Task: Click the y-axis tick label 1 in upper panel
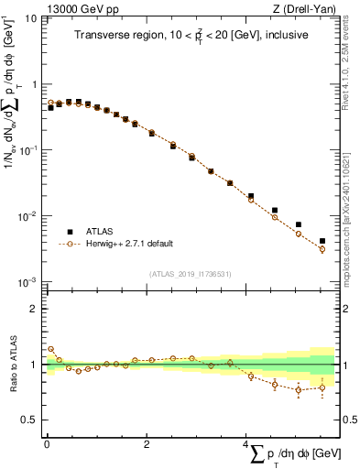pos(34,84)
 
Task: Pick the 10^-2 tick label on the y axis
pos(28,216)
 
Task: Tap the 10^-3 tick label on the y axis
pos(28,282)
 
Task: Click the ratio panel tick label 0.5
pos(29,420)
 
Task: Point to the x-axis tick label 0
pos(47,442)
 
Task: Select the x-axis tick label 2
pos(147,442)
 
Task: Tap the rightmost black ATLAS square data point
pos(322,241)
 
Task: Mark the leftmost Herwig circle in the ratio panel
pos(50,349)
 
